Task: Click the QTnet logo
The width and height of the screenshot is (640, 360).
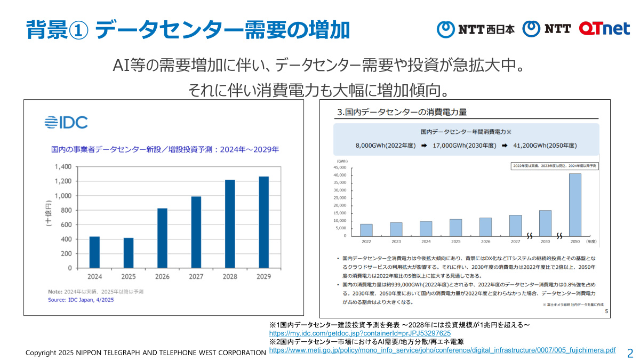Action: [x=604, y=28]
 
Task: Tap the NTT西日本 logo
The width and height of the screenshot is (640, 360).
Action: [x=476, y=29]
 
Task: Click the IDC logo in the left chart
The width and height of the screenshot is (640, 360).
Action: [x=66, y=122]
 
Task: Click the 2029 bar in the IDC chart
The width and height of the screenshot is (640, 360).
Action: [x=263, y=222]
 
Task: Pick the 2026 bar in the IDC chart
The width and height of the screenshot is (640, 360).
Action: [x=162, y=238]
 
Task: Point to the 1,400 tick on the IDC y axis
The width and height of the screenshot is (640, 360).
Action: [x=62, y=166]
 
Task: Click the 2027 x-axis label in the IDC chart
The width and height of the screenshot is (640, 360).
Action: [x=196, y=277]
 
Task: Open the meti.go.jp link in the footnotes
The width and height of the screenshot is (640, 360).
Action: [x=442, y=350]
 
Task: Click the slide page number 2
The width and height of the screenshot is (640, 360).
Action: [x=630, y=353]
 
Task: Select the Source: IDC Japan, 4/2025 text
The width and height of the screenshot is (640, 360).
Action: [x=81, y=300]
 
